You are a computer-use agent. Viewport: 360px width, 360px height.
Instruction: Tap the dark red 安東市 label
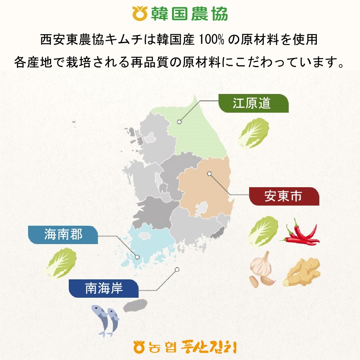point(284,197)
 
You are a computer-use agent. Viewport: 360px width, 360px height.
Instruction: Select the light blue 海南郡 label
point(63,235)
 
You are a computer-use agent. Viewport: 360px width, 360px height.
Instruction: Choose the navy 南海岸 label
point(104,289)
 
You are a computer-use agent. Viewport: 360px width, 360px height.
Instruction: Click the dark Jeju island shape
point(135,305)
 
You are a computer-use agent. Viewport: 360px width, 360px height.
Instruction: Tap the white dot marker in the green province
point(179,122)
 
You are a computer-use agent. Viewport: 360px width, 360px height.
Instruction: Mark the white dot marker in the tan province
point(209,174)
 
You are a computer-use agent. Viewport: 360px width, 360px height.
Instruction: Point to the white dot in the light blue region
point(137,257)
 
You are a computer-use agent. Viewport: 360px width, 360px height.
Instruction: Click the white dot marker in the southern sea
point(177,269)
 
